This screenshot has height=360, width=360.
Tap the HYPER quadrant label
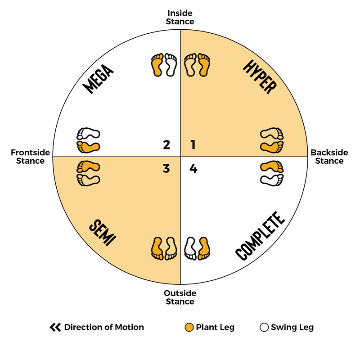coord(258,77)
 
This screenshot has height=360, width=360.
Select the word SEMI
coord(101,233)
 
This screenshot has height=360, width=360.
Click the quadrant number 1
coord(193,145)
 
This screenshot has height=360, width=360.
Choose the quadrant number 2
coord(166,145)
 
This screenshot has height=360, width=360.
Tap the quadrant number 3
coord(166,169)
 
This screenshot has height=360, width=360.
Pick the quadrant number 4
coord(193,169)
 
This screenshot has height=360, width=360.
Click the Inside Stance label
coord(180,18)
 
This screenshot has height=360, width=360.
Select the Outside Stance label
coord(180,297)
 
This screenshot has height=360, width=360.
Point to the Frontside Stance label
coord(28,157)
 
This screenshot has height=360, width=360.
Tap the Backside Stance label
coord(329,157)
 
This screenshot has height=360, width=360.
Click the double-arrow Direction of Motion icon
coord(55,327)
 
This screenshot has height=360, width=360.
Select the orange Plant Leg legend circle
coord(189,327)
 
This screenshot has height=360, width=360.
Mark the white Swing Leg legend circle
coord(264,327)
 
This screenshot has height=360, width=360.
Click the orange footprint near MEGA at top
coord(157,64)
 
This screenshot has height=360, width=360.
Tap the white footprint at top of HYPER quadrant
coord(190,64)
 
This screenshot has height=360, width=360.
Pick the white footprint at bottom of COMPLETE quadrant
coord(191,247)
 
